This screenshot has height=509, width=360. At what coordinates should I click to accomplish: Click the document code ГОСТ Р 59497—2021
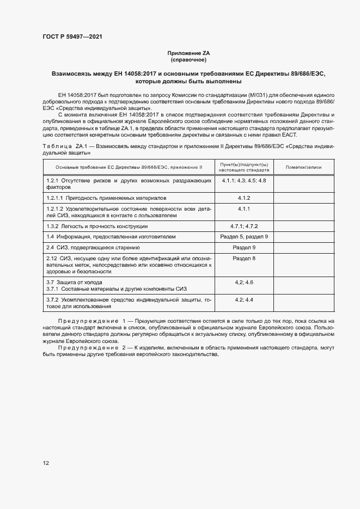pos(72,36)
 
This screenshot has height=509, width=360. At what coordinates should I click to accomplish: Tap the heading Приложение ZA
pos(189,53)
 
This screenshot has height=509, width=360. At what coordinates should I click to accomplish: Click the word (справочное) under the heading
pos(189,60)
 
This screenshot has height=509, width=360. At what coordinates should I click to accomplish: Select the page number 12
pos(46,463)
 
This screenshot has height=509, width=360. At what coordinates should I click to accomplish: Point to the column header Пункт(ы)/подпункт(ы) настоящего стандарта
pos(243,167)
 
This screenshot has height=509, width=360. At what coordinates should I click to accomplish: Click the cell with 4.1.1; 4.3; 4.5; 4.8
pos(243,180)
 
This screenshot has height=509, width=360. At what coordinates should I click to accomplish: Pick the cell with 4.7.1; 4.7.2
pos(243,225)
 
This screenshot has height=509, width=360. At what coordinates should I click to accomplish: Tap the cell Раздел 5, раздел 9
pos(243,236)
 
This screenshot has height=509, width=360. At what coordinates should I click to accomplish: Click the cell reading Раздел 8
pos(243,257)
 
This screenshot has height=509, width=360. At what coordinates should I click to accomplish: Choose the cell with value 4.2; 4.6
pos(243,282)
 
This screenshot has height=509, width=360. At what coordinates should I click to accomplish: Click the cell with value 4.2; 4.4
pos(243,299)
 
